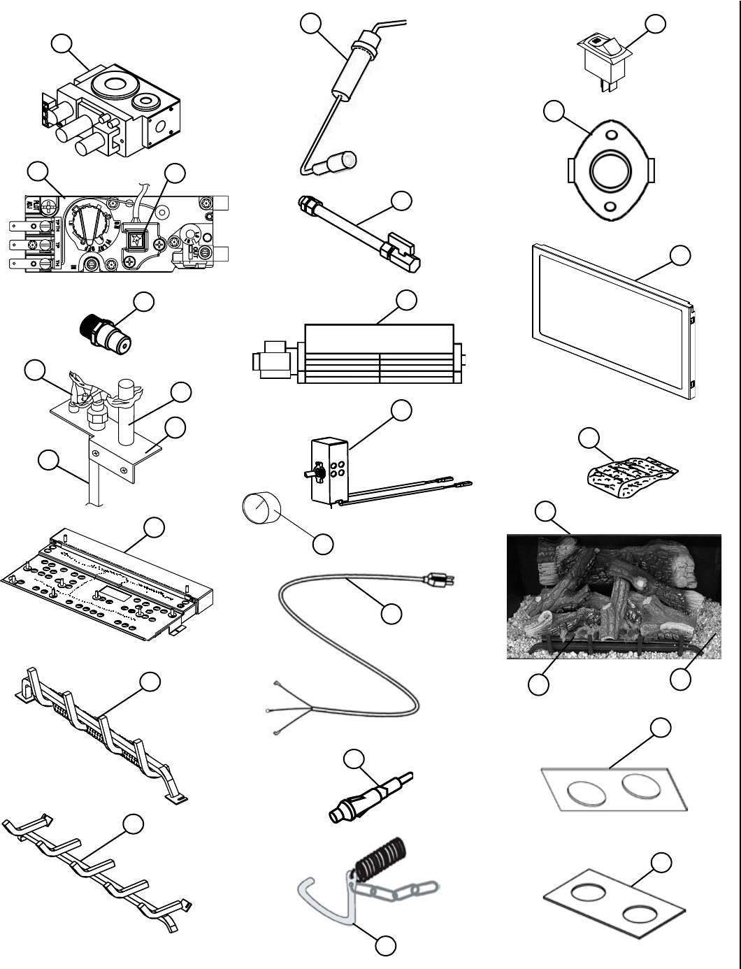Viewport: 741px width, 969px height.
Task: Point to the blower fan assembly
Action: point(377,354)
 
